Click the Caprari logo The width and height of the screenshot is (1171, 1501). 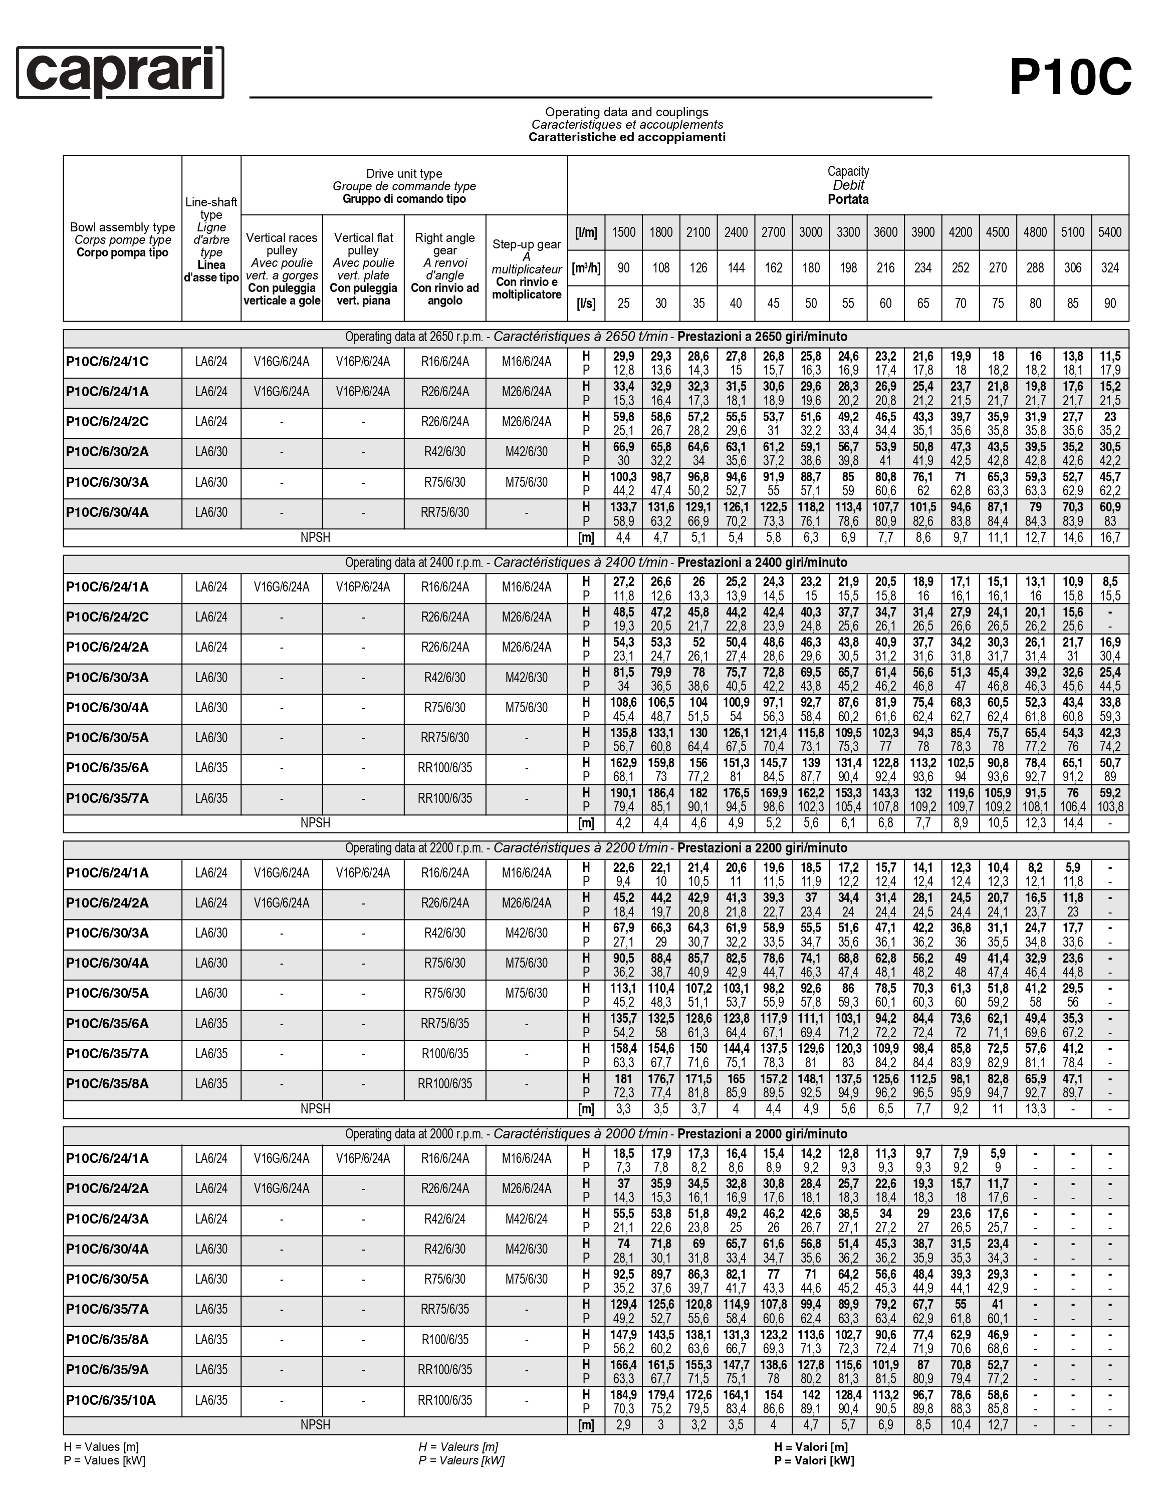[120, 73]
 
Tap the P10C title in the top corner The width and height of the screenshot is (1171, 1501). [1070, 78]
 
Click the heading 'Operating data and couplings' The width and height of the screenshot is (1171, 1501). [626, 112]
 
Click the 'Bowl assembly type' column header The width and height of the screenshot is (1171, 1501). [122, 227]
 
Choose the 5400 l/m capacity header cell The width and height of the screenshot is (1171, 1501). [1109, 232]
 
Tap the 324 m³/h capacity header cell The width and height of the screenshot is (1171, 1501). [1109, 268]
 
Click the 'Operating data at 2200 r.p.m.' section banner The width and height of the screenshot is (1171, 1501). [595, 848]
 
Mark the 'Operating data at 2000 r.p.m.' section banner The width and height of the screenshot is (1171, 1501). [595, 1134]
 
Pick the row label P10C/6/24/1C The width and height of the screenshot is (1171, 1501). [107, 362]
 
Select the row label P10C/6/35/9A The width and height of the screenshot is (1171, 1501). [107, 1370]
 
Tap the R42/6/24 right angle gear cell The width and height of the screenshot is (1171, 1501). [445, 1219]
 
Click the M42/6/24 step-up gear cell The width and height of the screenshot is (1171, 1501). [526, 1219]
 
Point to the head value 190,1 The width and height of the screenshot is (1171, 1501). [623, 792]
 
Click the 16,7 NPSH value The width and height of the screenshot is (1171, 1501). [1109, 537]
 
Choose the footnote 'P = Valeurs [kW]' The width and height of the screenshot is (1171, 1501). [460, 1460]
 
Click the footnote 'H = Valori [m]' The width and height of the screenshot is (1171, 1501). [811, 1447]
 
